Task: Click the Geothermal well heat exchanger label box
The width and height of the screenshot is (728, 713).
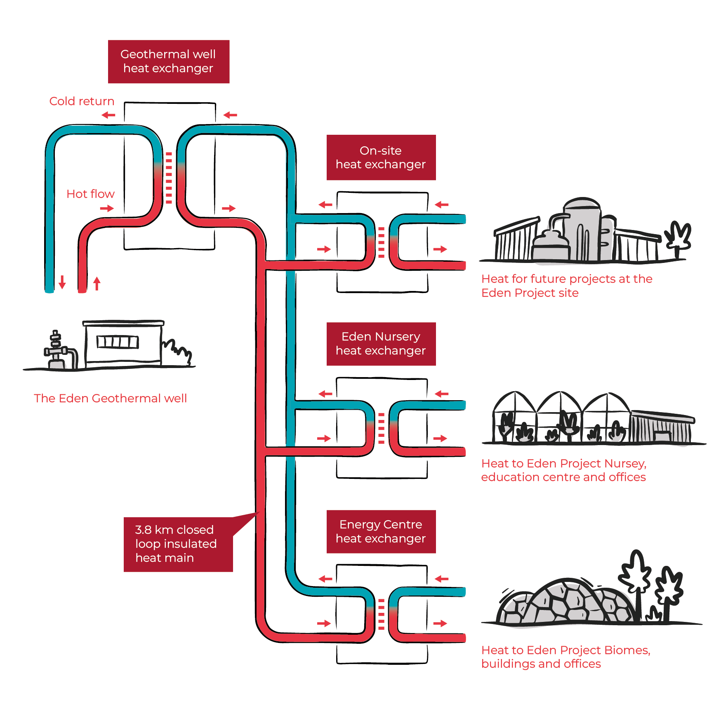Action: (168, 61)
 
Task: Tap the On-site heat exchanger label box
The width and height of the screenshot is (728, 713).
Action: (381, 157)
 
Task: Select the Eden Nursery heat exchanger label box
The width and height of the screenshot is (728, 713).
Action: (381, 344)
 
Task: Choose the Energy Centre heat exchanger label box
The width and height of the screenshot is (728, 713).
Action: (381, 531)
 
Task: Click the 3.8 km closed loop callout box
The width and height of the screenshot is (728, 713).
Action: (178, 544)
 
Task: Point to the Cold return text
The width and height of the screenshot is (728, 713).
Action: (82, 101)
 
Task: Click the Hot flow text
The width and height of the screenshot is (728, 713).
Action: (90, 194)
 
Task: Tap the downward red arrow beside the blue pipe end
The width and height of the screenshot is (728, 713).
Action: (62, 282)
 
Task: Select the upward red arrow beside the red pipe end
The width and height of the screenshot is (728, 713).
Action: (97, 283)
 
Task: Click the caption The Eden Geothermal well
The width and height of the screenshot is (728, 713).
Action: (110, 398)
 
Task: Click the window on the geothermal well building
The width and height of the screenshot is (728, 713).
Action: (118, 342)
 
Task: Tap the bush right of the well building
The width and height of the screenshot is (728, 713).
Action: (178, 352)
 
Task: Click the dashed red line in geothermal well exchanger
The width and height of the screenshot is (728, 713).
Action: (169, 178)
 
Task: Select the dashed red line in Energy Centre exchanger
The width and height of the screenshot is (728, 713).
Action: (381, 614)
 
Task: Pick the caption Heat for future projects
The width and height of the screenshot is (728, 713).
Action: (566, 286)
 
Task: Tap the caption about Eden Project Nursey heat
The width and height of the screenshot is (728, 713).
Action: (563, 470)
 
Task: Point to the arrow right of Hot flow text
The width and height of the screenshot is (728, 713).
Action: (107, 209)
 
